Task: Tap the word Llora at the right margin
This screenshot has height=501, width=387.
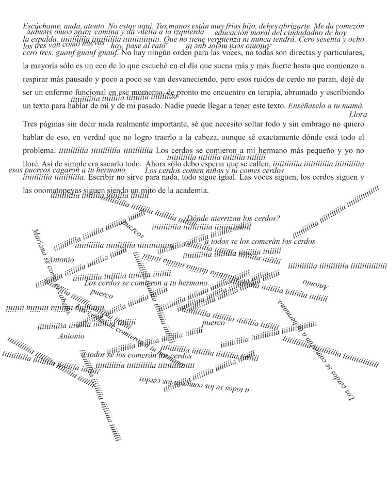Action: (x=358, y=115)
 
